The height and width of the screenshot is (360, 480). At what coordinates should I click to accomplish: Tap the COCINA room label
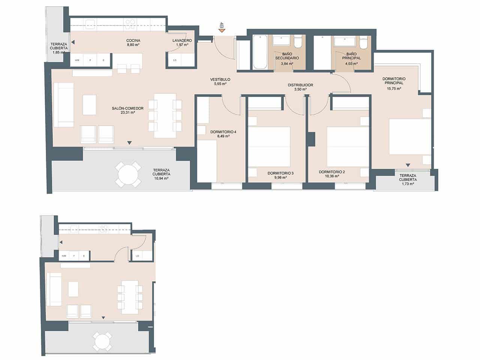133,40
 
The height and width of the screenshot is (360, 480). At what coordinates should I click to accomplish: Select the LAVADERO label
182,40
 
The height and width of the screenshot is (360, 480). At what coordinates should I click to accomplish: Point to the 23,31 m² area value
123,112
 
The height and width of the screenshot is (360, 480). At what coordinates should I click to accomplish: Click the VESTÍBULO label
220,79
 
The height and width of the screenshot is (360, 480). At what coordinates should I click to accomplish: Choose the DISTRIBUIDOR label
300,85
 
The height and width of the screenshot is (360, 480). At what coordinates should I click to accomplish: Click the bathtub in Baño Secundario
259,52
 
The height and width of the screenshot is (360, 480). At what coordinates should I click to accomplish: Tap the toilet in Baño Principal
363,42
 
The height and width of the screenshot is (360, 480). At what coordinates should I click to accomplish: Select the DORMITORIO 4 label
223,132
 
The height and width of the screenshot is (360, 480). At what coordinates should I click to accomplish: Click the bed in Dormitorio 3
270,147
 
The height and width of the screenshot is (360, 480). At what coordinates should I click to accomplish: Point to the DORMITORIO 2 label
331,172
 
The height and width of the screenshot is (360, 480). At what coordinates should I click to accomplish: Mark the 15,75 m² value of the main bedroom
394,89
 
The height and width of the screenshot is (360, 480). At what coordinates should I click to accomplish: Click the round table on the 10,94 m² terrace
129,174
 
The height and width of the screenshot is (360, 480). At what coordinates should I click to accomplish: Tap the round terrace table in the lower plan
102,341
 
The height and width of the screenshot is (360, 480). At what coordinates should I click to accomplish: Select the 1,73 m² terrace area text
407,184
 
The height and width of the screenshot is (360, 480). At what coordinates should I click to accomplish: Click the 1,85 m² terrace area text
59,52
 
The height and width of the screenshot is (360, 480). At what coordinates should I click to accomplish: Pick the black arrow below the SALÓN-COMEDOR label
129,142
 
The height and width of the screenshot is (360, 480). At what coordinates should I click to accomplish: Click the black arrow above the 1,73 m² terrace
408,165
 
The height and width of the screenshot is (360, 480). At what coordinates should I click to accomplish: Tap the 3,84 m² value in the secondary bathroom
286,64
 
